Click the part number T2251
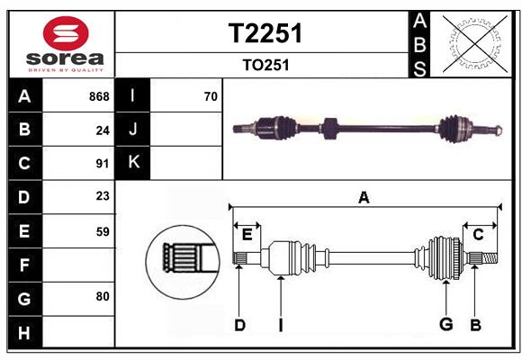[265, 33]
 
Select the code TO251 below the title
[265, 66]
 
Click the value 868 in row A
[99, 96]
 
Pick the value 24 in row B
[103, 130]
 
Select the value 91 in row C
[103, 164]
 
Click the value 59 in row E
[103, 231]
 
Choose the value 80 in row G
[103, 296]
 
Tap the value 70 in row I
[211, 96]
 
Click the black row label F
[24, 265]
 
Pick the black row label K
[133, 162]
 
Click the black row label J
[133, 130]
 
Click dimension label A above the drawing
[364, 198]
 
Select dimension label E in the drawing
[247, 235]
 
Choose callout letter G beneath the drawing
[445, 325]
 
